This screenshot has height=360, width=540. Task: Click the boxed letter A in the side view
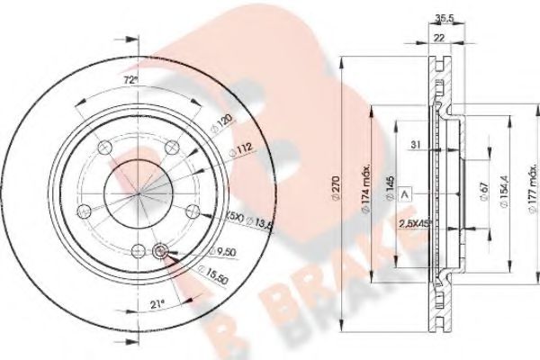(404, 194)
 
